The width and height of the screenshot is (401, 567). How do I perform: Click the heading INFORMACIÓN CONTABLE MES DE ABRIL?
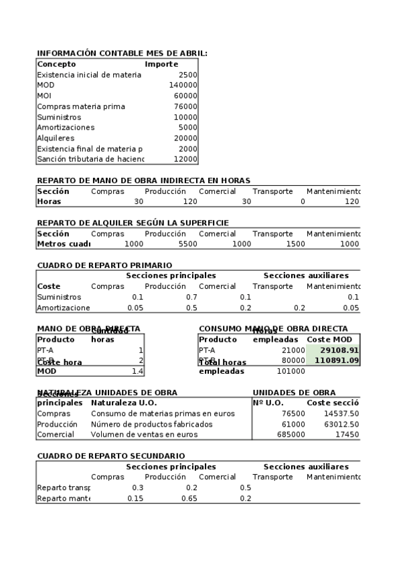pos(122,53)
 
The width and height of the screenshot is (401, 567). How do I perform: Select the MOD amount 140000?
pos(183,86)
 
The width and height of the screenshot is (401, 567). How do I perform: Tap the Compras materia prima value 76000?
pos(185,107)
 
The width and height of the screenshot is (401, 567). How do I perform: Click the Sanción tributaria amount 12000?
pos(185,160)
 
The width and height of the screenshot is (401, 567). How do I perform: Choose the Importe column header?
pos(161,64)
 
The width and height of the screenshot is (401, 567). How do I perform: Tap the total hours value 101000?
pos(291,371)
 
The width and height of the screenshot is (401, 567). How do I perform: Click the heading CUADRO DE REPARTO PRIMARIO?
pos(104,265)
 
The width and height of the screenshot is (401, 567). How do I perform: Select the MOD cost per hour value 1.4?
pos(138,371)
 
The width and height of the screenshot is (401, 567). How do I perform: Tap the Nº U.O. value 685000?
pos(291,435)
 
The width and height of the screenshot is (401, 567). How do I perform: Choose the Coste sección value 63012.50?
pos(341,425)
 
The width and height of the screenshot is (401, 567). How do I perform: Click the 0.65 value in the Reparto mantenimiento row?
pos(189,499)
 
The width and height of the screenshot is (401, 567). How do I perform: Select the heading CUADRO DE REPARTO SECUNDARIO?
pos(110,456)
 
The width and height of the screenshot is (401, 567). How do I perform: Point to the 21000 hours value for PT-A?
pos(293,350)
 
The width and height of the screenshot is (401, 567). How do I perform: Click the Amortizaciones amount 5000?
pos(188,128)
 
